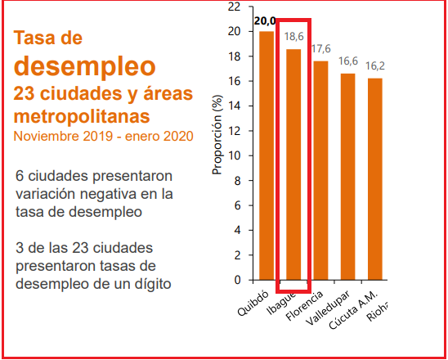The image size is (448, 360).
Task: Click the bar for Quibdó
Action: pyautogui.click(x=267, y=155)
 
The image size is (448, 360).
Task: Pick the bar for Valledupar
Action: pyautogui.click(x=347, y=176)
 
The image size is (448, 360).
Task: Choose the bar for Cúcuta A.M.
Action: pyautogui.click(x=374, y=178)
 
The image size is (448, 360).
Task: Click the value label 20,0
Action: pyautogui.click(x=265, y=21)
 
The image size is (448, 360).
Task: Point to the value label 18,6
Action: pyautogui.click(x=294, y=37)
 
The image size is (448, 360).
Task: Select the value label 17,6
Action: pyautogui.click(x=320, y=49)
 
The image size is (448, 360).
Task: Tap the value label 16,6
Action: pyautogui.click(x=347, y=61)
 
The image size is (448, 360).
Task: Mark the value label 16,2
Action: pyautogui.click(x=375, y=66)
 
